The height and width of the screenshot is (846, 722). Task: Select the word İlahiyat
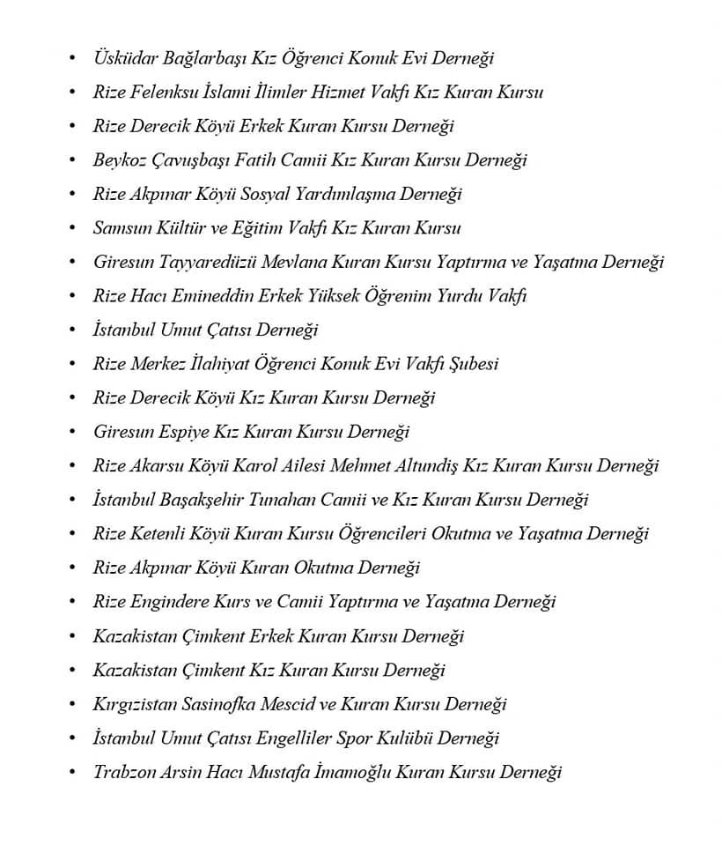click(241, 364)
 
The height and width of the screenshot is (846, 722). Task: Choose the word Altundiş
click(409, 465)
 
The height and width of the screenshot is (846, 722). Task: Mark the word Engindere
click(172, 602)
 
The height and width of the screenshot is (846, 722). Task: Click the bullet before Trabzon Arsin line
click(72, 772)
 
